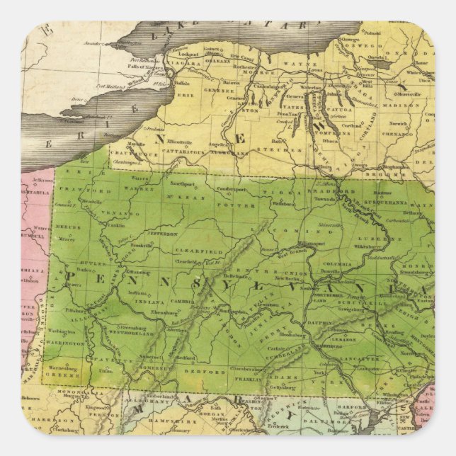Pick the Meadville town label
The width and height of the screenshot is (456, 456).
(91, 201)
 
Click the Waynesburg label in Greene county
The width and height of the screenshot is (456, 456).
(64, 368)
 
